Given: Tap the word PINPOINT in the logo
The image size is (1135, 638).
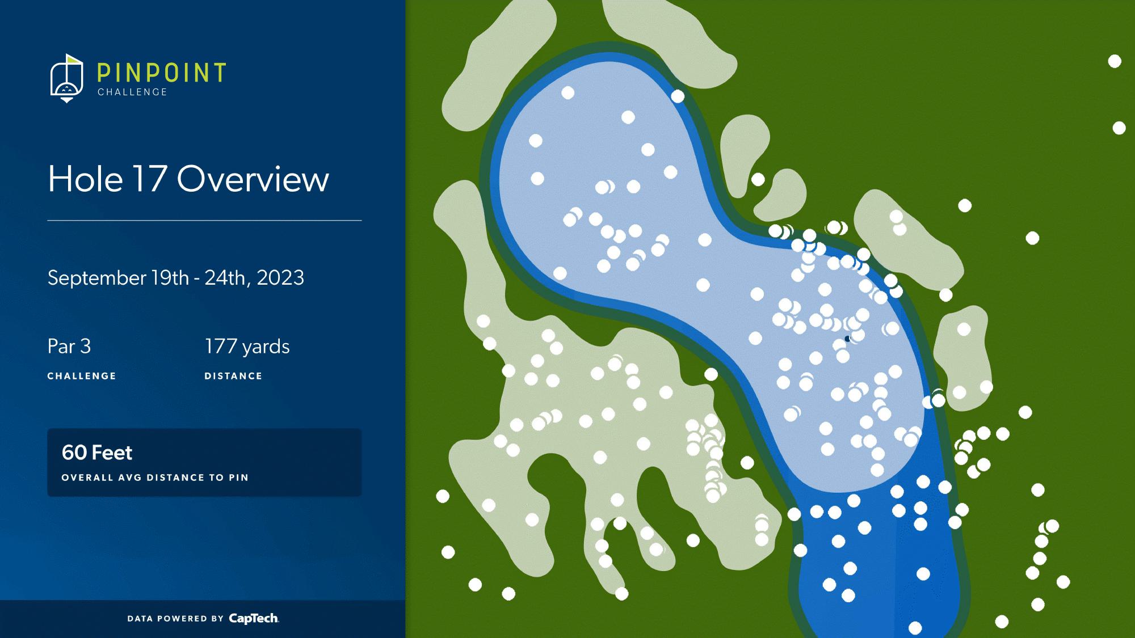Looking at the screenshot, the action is coord(162,73).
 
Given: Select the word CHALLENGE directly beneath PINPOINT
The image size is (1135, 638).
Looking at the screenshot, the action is coord(132,92).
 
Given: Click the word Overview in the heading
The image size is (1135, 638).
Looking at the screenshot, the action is coord(253,179).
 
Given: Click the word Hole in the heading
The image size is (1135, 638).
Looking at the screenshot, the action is coord(85,179).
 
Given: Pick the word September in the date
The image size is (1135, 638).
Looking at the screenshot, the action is coord(97,278).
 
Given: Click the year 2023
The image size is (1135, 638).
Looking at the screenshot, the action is coord(280,277).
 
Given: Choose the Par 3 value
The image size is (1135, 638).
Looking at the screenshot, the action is coord(69,347).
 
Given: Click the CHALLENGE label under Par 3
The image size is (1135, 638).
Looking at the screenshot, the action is coord(82,376).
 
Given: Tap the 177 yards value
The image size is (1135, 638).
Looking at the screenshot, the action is coord(247,347).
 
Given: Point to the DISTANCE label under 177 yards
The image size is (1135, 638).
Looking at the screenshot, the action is coord(233,376).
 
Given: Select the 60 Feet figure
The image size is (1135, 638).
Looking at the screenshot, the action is coord(97,453).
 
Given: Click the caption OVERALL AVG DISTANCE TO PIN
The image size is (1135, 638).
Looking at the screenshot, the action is coord(155,478).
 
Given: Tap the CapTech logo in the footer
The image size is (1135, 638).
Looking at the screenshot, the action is coord(254,618).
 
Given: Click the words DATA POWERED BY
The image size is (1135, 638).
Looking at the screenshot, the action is coord(175,619).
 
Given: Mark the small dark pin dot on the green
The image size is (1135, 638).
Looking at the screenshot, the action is coord(847,339).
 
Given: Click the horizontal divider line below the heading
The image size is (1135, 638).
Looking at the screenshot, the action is coord(204,220).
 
